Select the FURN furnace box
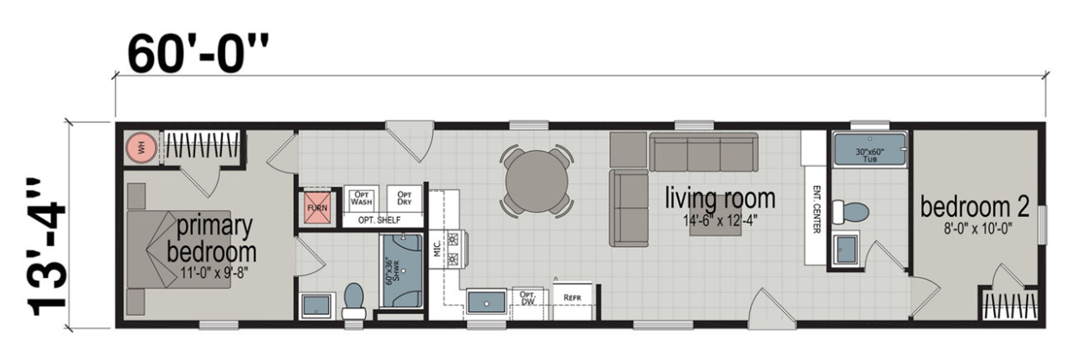317,208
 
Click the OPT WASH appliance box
361,199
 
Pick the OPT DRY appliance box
404,199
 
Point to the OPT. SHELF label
379,220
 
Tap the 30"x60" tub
870,149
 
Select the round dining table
537,181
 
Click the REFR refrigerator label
572,298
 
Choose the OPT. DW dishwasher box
527,298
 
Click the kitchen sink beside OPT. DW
487,302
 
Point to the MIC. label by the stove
437,249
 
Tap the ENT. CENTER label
816,209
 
